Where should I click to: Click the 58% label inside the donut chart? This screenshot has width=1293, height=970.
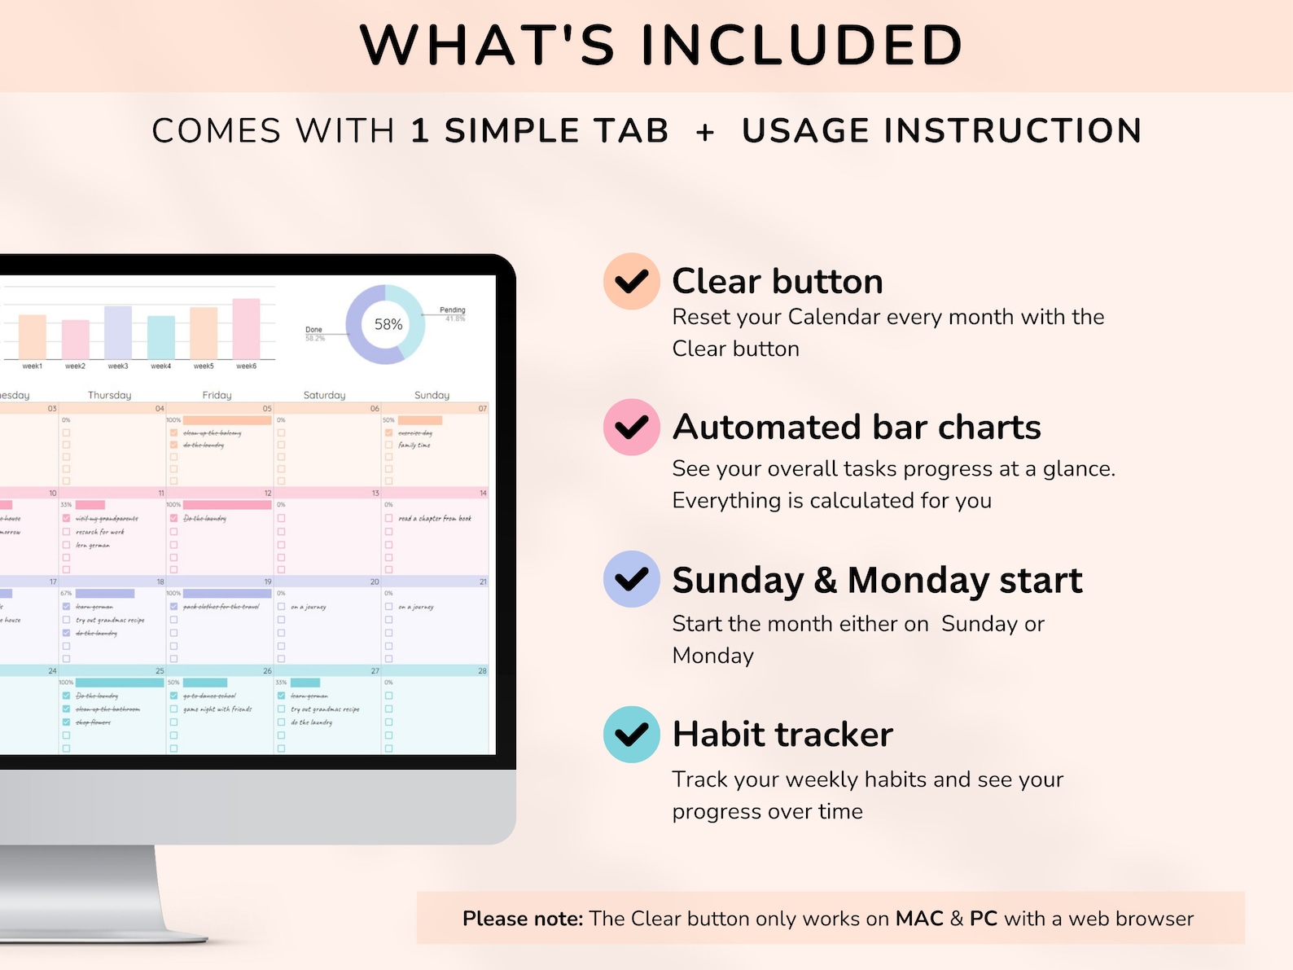[x=388, y=324]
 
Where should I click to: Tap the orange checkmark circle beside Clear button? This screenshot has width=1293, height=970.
[x=631, y=281]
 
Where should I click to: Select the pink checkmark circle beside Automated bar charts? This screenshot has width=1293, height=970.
[x=631, y=427]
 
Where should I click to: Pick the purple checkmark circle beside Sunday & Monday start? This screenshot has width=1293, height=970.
[x=631, y=579]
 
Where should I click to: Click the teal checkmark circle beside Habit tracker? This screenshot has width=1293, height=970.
[x=631, y=734]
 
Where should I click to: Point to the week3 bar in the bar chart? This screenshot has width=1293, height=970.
[x=118, y=332]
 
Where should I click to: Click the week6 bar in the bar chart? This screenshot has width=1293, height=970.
[x=246, y=328]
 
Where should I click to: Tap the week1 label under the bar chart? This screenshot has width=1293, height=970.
[x=33, y=366]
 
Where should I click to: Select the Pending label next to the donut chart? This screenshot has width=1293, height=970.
[x=452, y=309]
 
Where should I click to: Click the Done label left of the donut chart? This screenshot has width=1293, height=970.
[x=313, y=329]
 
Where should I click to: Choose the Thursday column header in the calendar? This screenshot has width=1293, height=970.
[x=110, y=395]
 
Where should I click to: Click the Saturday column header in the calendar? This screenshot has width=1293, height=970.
[x=324, y=395]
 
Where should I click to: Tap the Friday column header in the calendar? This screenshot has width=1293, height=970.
[x=217, y=395]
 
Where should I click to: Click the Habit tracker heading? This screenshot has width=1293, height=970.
[x=782, y=735]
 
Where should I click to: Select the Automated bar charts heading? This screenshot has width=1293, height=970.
[x=857, y=427]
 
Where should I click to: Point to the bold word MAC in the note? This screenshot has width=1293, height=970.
[x=919, y=919]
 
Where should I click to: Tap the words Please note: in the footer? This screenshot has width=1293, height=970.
[x=523, y=919]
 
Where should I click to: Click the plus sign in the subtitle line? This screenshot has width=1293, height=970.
[x=705, y=132]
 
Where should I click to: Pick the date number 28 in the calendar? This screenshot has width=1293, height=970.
[x=482, y=671]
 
